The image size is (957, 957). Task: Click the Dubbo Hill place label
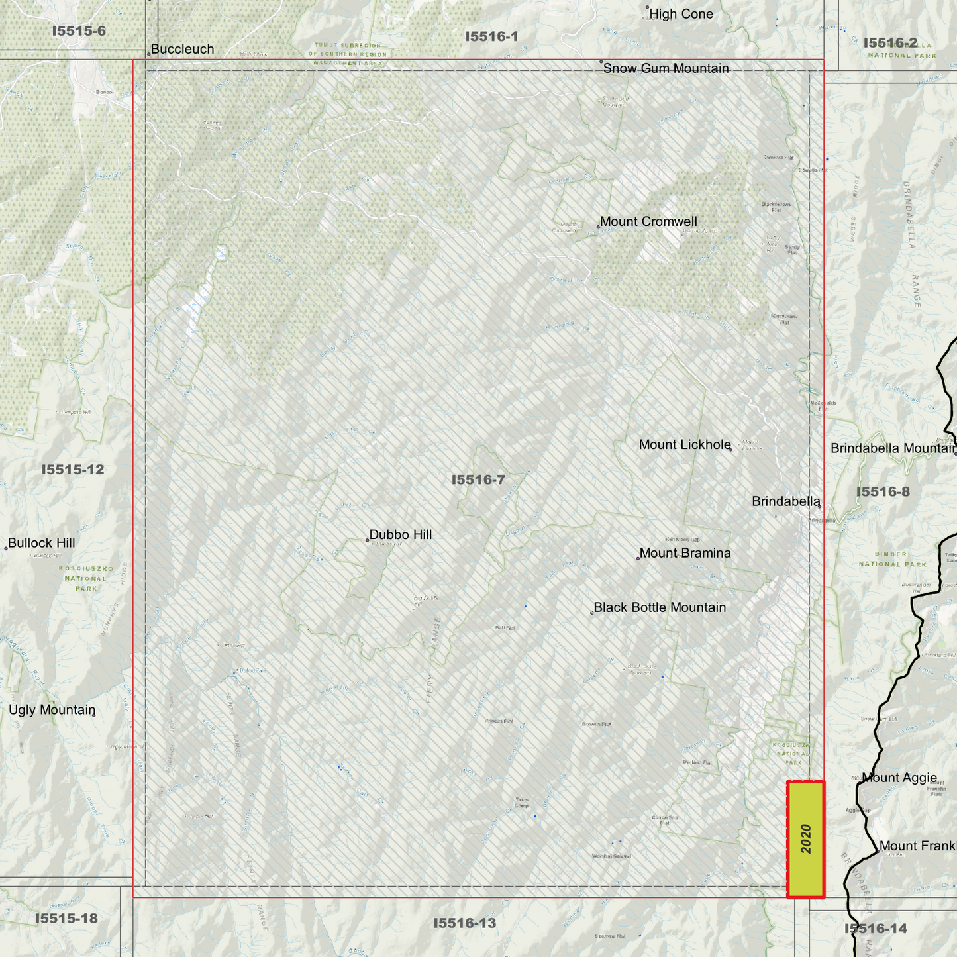tap(400, 534)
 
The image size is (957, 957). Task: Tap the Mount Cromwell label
tap(648, 221)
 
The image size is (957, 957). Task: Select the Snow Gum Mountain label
tap(666, 68)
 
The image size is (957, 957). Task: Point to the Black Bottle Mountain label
tap(660, 607)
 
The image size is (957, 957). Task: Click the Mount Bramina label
tap(685, 553)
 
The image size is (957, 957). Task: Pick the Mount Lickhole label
tap(684, 444)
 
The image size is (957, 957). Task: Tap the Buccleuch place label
tap(182, 49)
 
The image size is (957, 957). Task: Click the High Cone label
tap(681, 14)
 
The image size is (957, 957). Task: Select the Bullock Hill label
tap(41, 543)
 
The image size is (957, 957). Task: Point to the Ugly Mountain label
tap(52, 710)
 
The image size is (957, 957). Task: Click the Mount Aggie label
tap(899, 778)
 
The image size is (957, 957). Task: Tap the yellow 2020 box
tap(805, 839)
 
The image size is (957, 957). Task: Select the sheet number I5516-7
tap(478, 479)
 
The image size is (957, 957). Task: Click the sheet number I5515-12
tap(73, 470)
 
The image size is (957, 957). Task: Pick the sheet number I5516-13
tap(464, 923)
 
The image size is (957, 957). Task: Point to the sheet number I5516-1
tap(491, 36)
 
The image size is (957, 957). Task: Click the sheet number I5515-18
tap(66, 918)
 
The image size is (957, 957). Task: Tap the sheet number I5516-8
tap(883, 491)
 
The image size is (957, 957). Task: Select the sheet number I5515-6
tap(79, 31)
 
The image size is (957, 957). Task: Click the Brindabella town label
tap(785, 501)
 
